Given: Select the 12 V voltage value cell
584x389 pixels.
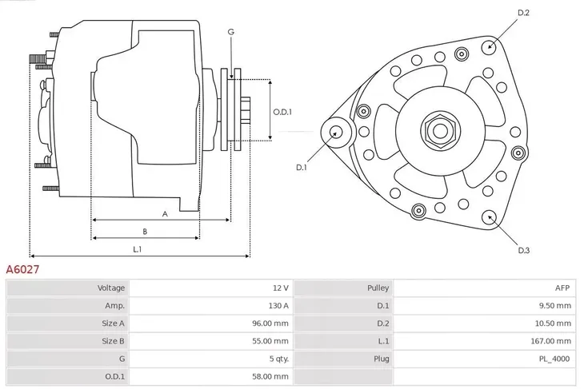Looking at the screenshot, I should (279, 288).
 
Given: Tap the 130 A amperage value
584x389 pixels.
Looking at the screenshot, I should (277, 305).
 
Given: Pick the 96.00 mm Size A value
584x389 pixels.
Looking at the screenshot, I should (270, 323).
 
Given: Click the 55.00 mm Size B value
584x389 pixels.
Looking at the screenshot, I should (270, 340).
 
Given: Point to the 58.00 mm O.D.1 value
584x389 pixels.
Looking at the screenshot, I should (270, 375).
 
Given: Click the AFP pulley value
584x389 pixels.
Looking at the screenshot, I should (562, 288).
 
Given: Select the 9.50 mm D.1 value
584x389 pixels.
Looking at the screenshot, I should (555, 305).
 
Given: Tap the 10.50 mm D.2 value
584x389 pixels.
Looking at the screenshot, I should (554, 323).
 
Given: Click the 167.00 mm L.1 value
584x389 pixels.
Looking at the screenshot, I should (552, 340).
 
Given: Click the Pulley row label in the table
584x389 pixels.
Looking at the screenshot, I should (378, 288).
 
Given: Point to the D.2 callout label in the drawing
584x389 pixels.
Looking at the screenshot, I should (523, 13).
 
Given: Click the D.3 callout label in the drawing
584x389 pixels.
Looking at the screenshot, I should (523, 250).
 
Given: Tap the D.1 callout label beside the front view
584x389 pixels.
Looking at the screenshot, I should (302, 167).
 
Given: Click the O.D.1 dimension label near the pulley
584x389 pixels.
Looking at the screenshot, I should (282, 112).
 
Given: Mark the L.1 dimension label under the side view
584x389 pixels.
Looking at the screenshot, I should (137, 249).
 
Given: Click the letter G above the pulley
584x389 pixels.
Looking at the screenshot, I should (230, 32).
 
